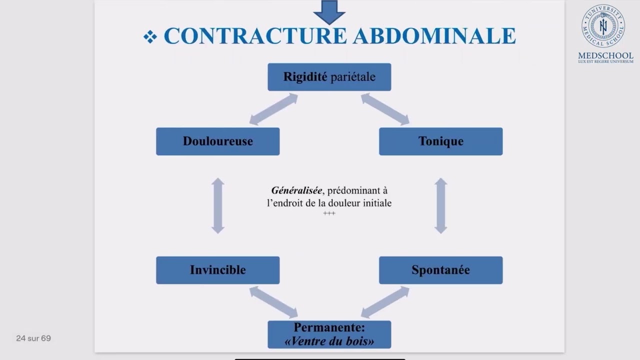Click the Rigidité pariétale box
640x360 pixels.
(329, 77)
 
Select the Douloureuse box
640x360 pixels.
(217, 141)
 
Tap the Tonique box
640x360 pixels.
(440, 141)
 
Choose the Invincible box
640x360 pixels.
(217, 270)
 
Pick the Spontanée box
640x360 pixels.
(440, 270)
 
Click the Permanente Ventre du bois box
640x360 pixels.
(329, 334)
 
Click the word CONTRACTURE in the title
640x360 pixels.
(255, 36)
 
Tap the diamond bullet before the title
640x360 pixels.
(150, 36)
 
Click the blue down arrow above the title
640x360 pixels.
(329, 11)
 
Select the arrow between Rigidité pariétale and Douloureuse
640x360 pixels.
(273, 109)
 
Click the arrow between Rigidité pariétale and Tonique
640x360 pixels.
(385, 109)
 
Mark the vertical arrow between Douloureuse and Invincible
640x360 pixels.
(217, 205)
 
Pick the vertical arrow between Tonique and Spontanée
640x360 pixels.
(440, 205)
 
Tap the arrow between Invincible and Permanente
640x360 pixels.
(273, 302)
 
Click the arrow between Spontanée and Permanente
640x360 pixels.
(385, 302)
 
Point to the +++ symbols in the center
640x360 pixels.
(329, 213)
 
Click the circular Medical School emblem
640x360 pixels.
(603, 26)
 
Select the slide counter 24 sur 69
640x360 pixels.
(33, 338)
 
